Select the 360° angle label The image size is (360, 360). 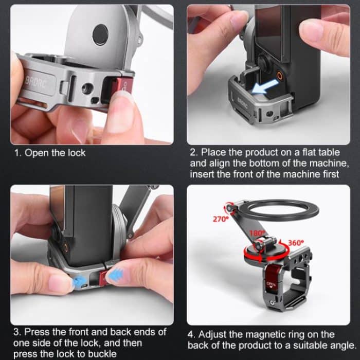click(296, 242)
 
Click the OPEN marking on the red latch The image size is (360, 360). click(272, 284)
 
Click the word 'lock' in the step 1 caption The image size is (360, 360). click(76, 153)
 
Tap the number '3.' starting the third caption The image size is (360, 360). click(17, 332)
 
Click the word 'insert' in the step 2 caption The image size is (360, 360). click(202, 174)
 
